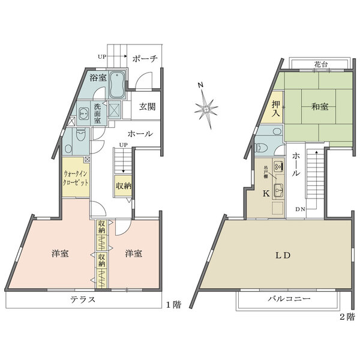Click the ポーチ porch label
pyautogui.click(x=145, y=59)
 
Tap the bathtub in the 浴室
pyautogui.click(x=117, y=84)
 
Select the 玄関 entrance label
pyautogui.click(x=147, y=107)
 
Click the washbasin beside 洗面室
pyautogui.click(x=84, y=113)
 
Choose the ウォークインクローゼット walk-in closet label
pyautogui.click(x=76, y=178)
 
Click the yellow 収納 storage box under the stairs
pyautogui.click(x=123, y=186)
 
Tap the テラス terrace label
pyautogui.click(x=83, y=299)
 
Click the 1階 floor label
pyautogui.click(x=173, y=305)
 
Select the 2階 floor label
pyautogui.click(x=347, y=317)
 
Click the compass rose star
pyautogui.click(x=206, y=109)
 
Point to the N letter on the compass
pyautogui.click(x=200, y=85)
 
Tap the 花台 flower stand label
pyautogui.click(x=321, y=65)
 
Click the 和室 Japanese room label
pyautogui.click(x=320, y=107)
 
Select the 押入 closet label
pyautogui.click(x=275, y=108)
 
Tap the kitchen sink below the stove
pyautogui.click(x=278, y=190)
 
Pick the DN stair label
pyautogui.click(x=300, y=209)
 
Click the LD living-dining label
pyautogui.click(x=283, y=256)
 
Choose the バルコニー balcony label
pyautogui.click(x=289, y=299)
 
